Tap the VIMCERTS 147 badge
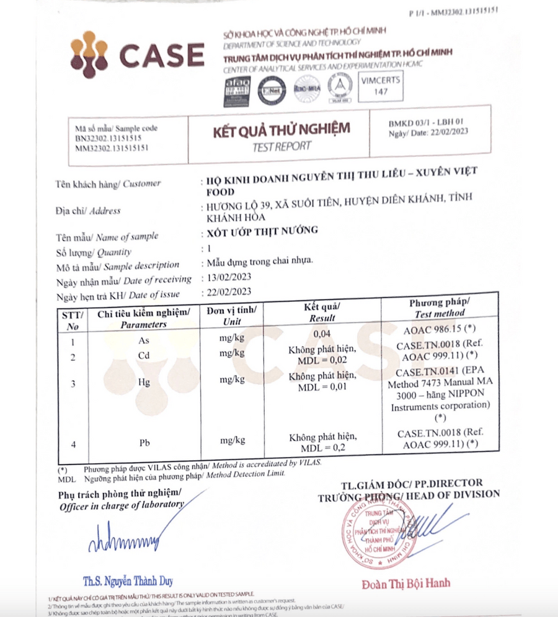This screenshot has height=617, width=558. click(x=381, y=85)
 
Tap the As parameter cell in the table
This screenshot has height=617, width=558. click(x=144, y=340)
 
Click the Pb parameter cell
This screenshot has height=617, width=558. click(x=144, y=443)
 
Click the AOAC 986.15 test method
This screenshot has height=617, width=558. click(x=440, y=330)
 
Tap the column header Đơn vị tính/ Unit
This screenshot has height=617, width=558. click(x=232, y=315)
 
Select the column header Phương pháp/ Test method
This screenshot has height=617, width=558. click(x=440, y=308)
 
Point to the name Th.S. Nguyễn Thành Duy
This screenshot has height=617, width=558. click(x=128, y=581)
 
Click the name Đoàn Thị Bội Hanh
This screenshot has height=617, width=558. click(x=405, y=583)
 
